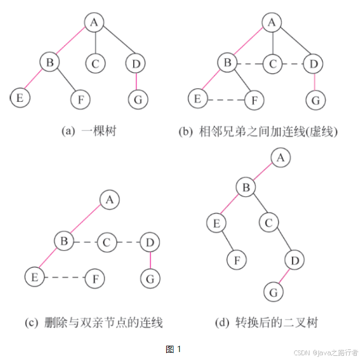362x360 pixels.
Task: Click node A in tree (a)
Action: (x=94, y=22)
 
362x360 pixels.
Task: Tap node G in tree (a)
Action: (x=138, y=99)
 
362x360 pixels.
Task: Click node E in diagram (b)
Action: (x=197, y=99)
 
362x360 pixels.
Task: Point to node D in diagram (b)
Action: (x=314, y=64)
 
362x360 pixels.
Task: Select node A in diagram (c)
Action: (x=110, y=200)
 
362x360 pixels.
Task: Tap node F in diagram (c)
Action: (x=95, y=277)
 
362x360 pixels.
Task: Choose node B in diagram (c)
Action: (x=64, y=242)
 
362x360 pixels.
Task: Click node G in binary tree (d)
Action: (x=274, y=292)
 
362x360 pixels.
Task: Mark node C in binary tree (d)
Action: (x=269, y=223)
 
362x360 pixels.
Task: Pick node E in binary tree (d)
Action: (x=216, y=223)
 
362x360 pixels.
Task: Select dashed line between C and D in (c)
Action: (x=128, y=243)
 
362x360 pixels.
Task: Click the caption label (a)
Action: (x=69, y=131)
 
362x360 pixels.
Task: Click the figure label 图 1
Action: (x=174, y=349)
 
